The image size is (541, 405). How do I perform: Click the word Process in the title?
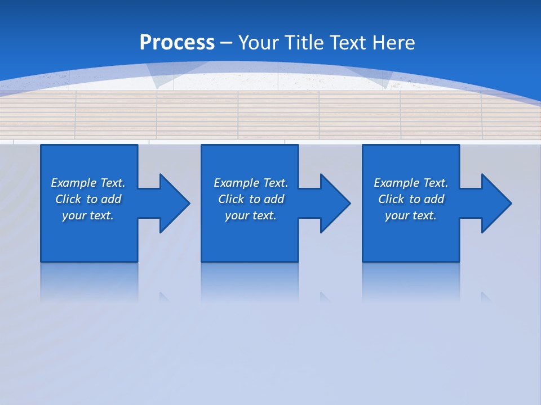click(x=177, y=43)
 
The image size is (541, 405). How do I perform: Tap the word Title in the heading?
click(x=304, y=43)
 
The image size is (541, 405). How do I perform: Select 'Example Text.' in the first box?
click(x=88, y=183)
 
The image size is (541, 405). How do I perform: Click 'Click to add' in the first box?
click(x=88, y=199)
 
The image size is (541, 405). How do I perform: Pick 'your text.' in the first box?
click(x=88, y=215)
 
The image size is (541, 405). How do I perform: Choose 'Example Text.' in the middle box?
click(x=251, y=183)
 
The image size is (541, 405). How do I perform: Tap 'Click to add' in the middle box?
click(x=251, y=199)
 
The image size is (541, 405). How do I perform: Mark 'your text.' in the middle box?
click(x=251, y=215)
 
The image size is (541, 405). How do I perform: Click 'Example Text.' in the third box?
click(x=411, y=183)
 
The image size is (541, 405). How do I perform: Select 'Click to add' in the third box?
click(x=411, y=199)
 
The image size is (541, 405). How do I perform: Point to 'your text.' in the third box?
click(x=411, y=215)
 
